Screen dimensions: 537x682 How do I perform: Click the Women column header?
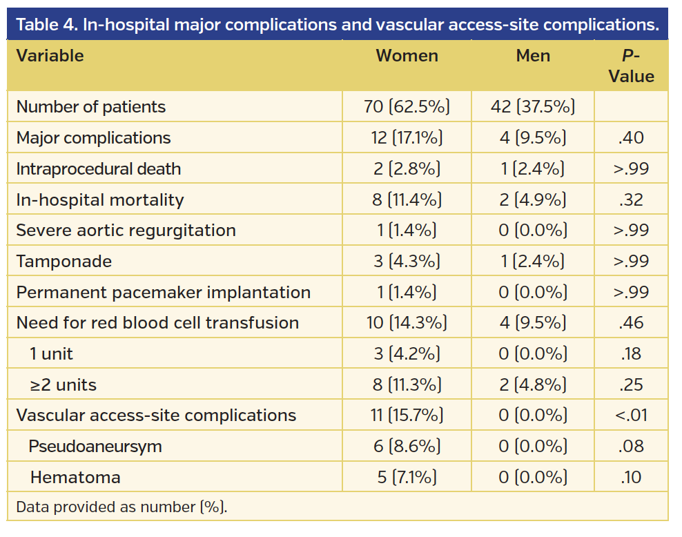(407, 57)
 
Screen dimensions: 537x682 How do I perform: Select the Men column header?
(533, 57)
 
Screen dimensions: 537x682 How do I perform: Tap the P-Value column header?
(631, 66)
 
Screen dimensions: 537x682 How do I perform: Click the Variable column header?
(50, 57)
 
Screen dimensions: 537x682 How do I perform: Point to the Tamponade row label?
(64, 262)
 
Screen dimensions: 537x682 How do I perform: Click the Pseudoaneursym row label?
(95, 447)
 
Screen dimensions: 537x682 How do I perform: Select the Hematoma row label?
(75, 478)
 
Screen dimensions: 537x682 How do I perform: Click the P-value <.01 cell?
(631, 416)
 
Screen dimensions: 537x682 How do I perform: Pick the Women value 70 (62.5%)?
(407, 107)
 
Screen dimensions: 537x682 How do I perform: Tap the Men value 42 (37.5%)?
(533, 107)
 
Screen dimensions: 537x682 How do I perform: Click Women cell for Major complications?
(407, 138)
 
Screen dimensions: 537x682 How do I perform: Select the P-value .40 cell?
(631, 138)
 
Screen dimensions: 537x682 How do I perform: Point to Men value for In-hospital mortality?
(533, 200)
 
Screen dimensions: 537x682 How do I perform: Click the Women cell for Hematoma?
(407, 478)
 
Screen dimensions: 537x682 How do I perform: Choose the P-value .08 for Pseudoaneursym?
(631, 447)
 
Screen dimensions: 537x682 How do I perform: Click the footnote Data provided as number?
(121, 507)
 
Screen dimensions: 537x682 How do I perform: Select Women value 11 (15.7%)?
(407, 416)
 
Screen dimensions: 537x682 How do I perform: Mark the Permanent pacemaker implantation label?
(163, 293)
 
